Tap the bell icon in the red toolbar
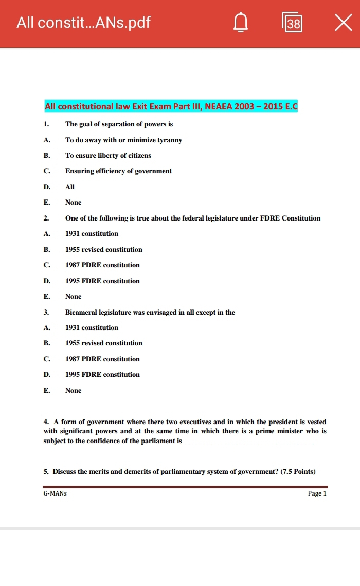point(240,23)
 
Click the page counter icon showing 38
point(292,23)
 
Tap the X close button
point(343,23)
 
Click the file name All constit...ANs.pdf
point(83,23)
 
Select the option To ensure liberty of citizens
point(108,155)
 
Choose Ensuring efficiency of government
point(118,171)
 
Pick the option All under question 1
point(70,187)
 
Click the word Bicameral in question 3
point(81,312)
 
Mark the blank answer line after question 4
point(247,442)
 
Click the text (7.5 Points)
point(297,471)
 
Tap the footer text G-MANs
point(55,493)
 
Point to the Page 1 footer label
point(317,493)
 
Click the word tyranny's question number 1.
point(46,124)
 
